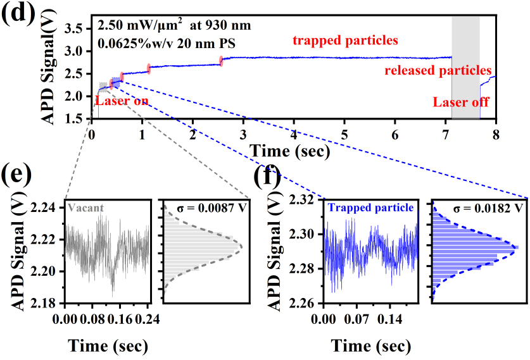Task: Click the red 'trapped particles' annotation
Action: tap(345, 41)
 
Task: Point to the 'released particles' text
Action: tap(438, 70)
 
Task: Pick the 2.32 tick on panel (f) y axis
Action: tap(306, 200)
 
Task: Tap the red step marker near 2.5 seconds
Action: tap(222, 61)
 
